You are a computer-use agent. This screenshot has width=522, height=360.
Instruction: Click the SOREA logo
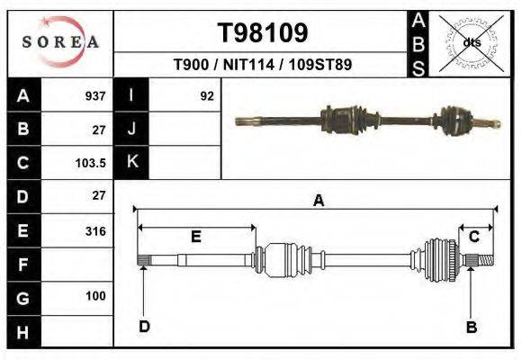60,42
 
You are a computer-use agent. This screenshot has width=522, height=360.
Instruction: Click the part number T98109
263,33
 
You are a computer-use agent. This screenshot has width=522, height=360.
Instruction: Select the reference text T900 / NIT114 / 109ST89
262,65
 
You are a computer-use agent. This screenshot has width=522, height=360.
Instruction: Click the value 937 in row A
95,95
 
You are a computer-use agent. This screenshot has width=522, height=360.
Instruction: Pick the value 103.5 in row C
93,163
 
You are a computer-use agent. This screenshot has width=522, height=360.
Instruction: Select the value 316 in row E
95,230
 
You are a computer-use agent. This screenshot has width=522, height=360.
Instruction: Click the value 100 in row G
95,296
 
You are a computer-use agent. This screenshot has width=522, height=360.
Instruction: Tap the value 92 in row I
207,95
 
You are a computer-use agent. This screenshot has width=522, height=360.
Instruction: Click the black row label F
23,265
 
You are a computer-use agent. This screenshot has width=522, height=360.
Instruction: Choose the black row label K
131,163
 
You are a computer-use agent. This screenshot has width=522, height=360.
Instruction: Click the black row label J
131,130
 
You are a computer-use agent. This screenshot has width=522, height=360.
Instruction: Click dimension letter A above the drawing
318,202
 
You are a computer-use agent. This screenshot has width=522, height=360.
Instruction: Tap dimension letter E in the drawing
195,237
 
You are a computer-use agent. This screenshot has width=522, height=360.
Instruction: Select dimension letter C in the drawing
473,236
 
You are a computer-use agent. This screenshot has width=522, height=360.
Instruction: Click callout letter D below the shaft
144,327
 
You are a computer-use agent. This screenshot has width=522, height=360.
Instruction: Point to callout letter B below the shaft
471,328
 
